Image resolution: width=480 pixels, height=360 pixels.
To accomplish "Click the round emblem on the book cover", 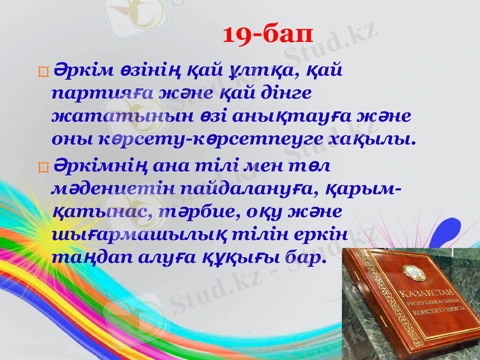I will coord(413,272).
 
